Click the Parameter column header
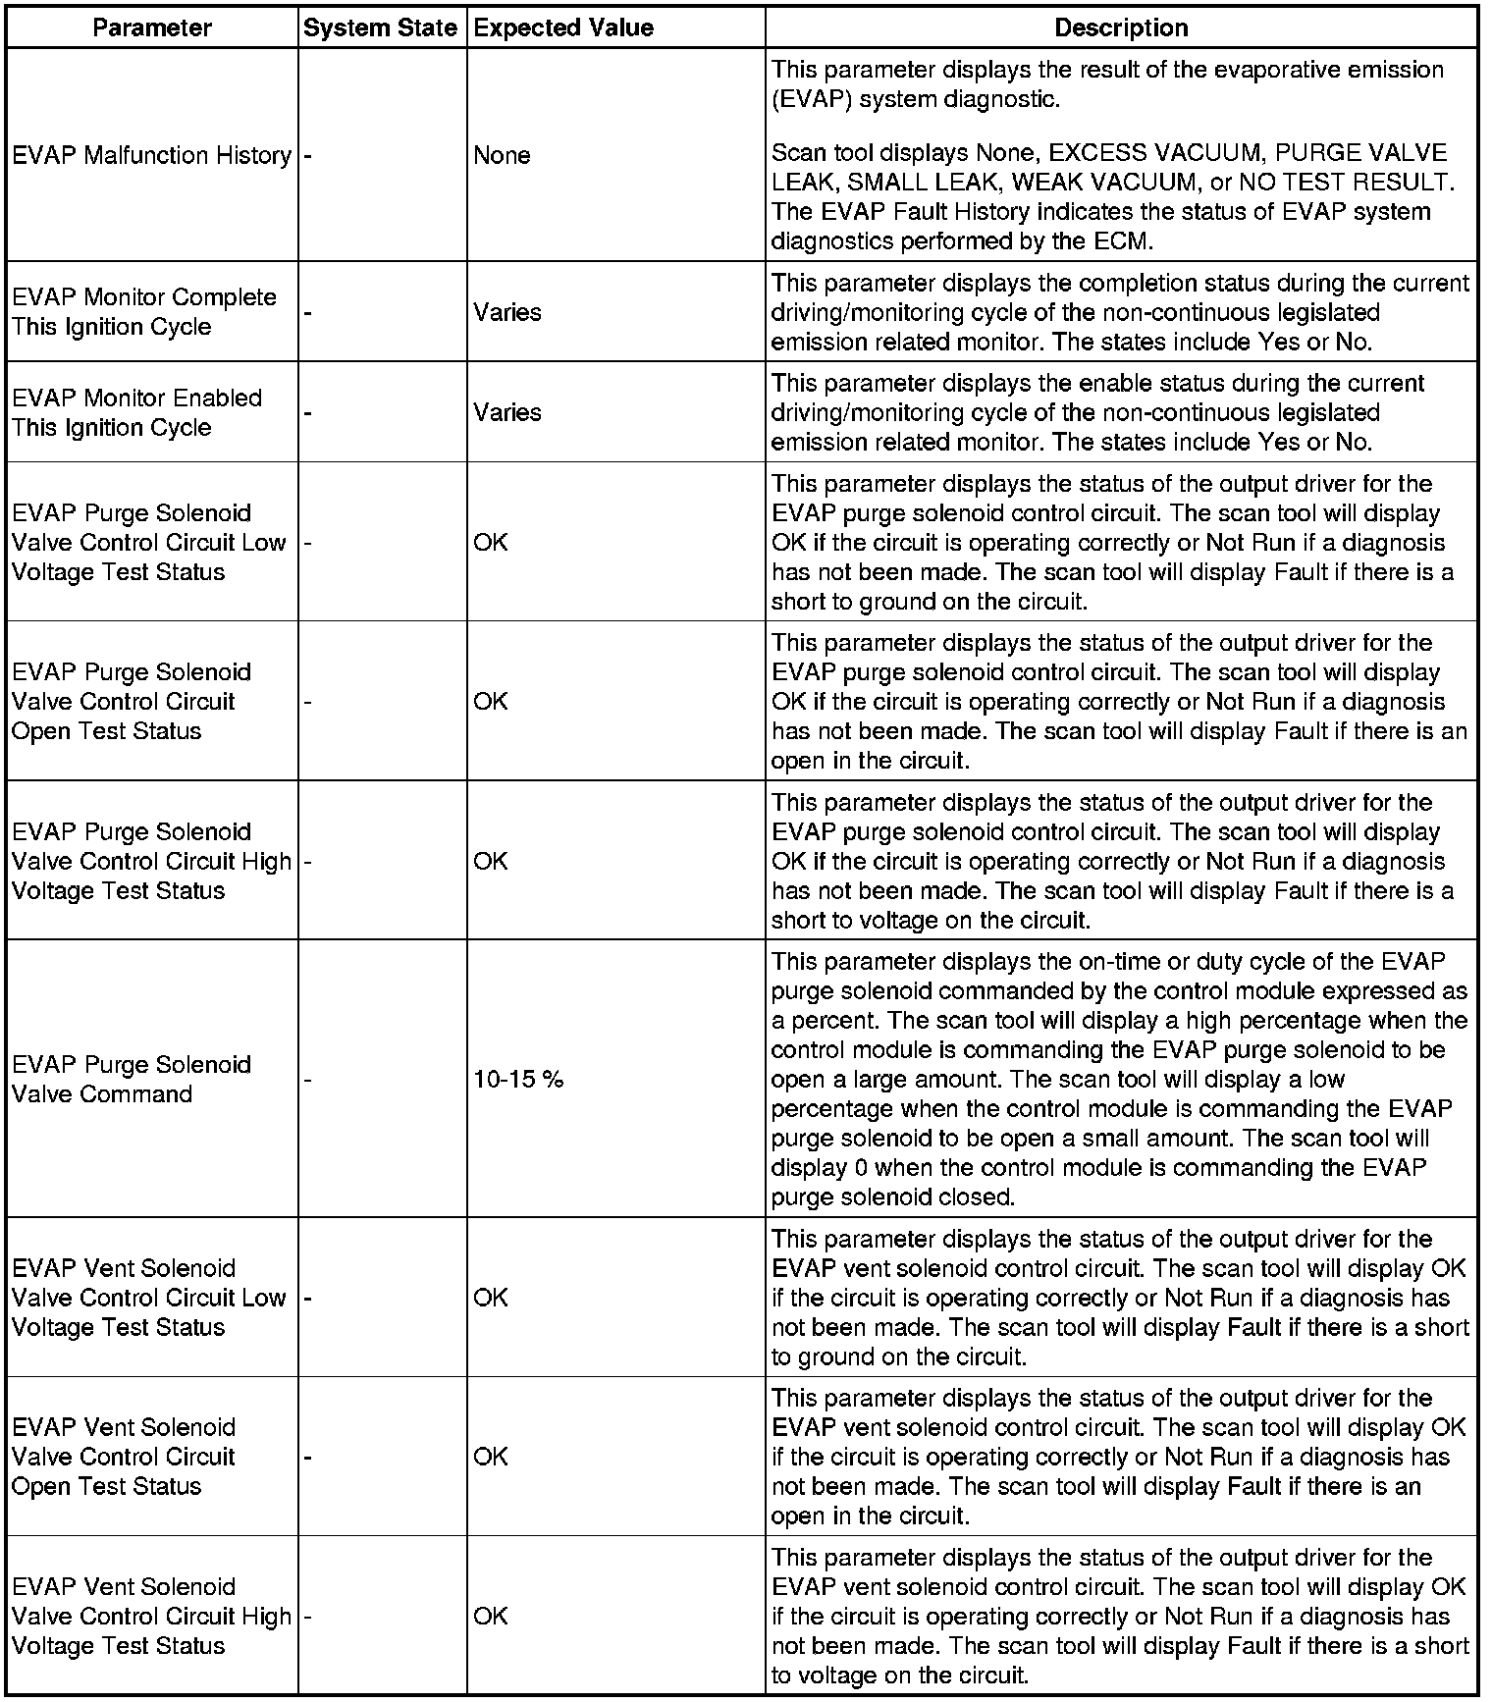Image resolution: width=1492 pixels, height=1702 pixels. (x=152, y=27)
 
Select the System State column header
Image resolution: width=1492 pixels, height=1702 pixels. (x=380, y=27)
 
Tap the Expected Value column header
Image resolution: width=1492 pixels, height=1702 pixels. (x=563, y=27)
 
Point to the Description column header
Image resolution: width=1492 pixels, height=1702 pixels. (x=1121, y=27)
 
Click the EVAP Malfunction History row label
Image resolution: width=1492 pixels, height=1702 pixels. (x=152, y=155)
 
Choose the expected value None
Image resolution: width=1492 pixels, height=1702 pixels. (x=502, y=155)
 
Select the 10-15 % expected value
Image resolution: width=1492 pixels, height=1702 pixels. (x=518, y=1080)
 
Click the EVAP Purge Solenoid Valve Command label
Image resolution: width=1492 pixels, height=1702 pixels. (x=132, y=1080)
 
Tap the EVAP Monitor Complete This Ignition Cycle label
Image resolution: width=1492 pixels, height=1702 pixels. (x=144, y=312)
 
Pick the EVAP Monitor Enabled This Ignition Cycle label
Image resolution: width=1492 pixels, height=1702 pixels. (x=137, y=412)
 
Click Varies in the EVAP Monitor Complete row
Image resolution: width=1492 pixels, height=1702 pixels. (x=507, y=312)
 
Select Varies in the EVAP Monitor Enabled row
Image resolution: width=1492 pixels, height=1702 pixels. (x=507, y=412)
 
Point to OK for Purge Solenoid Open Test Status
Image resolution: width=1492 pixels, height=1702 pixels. (x=491, y=701)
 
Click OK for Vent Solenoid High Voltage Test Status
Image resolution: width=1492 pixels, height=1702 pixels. (x=491, y=1616)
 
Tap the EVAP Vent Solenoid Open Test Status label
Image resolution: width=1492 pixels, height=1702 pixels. (x=124, y=1457)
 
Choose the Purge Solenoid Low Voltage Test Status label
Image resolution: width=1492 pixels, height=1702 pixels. (x=148, y=542)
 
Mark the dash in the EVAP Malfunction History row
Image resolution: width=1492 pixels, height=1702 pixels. (x=307, y=155)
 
